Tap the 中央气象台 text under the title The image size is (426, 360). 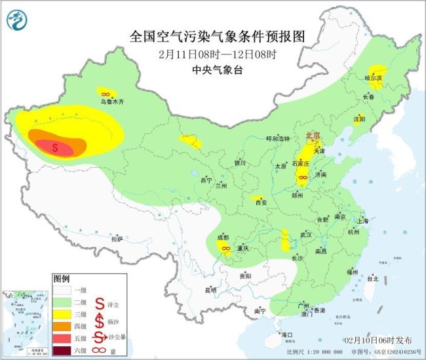click(x=213, y=68)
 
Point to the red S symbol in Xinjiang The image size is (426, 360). click(x=55, y=148)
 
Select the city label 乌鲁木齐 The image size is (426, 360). click(x=111, y=102)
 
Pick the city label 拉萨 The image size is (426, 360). click(x=117, y=239)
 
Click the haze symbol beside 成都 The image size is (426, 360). click(x=225, y=249)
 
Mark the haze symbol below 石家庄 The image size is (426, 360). click(x=303, y=178)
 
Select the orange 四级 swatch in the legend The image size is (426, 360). click(x=65, y=325)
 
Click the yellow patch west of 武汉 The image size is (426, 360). click(x=285, y=241)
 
